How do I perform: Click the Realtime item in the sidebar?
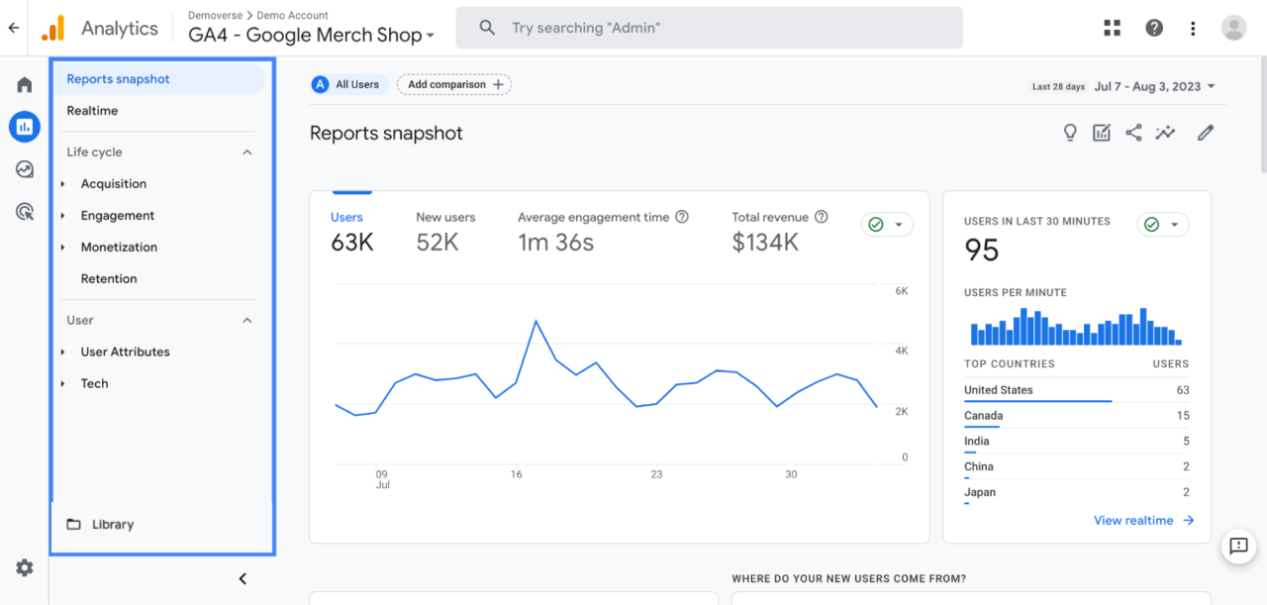click(92, 111)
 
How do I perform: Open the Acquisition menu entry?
click(113, 184)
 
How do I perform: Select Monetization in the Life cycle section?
click(119, 248)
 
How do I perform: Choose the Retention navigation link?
click(109, 279)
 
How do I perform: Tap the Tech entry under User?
click(94, 384)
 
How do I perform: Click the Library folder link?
click(112, 525)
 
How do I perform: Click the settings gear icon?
click(25, 567)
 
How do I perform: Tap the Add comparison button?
click(454, 85)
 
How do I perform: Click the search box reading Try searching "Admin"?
click(709, 28)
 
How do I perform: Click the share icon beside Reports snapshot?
click(1133, 133)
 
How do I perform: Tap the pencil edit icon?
click(1205, 133)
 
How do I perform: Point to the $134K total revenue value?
click(765, 243)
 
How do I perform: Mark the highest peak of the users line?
click(536, 321)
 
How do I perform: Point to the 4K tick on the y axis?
click(902, 352)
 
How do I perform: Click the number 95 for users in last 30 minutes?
click(982, 251)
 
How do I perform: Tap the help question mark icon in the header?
click(1154, 28)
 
